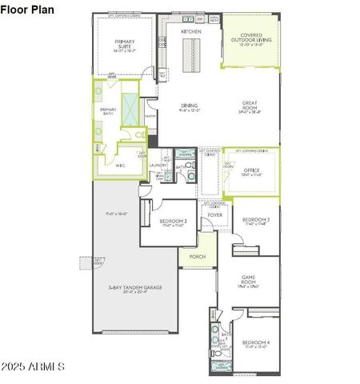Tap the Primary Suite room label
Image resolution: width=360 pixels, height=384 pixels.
(125, 42)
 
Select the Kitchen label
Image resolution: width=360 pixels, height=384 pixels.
(191, 31)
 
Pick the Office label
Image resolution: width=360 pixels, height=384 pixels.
(252, 170)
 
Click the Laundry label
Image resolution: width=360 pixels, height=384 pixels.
(158, 166)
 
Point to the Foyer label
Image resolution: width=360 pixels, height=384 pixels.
(215, 215)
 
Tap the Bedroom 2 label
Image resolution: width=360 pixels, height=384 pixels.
(174, 222)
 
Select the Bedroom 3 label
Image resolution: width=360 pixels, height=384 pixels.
(256, 219)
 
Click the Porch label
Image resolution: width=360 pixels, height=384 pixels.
(198, 257)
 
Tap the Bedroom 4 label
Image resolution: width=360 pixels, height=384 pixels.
(256, 343)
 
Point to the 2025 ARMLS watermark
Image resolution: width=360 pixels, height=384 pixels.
(34, 366)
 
